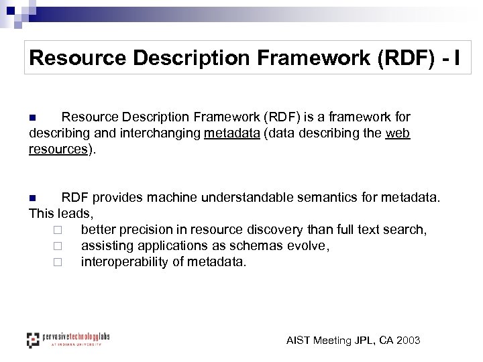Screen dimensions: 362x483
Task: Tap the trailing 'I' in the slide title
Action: [x=458, y=58]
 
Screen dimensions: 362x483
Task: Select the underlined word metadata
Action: [x=232, y=133]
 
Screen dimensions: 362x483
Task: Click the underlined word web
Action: [x=398, y=133]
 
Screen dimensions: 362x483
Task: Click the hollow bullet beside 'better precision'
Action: [x=58, y=231]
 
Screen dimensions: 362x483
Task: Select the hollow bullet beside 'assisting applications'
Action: [x=58, y=247]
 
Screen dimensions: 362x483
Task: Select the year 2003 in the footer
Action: [x=408, y=341]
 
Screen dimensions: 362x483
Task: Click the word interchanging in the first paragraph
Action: [x=160, y=133]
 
